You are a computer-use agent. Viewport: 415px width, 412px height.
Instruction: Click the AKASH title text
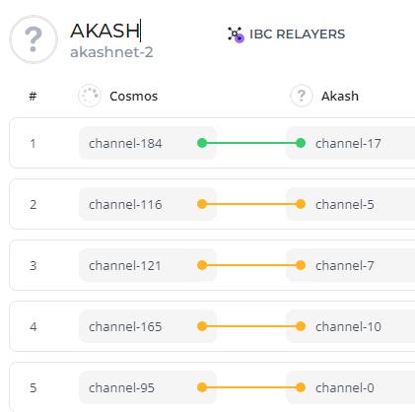[x=104, y=31]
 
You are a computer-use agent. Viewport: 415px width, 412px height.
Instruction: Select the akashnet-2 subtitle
[x=111, y=52]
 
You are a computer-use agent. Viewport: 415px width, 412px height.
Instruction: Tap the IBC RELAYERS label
[x=298, y=34]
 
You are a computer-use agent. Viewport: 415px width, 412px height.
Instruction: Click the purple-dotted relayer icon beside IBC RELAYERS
[x=236, y=34]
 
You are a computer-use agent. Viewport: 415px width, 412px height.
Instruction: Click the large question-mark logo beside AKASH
[x=34, y=39]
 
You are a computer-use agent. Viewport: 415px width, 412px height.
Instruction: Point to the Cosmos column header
[x=133, y=96]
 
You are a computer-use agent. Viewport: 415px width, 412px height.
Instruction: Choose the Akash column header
[x=340, y=96]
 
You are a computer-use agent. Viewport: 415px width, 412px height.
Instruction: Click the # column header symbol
[x=33, y=97]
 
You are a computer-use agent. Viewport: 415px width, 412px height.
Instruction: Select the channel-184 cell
[x=125, y=143]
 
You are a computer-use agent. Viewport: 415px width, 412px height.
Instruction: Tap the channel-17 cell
[x=348, y=143]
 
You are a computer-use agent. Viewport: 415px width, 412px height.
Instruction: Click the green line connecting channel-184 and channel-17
[x=251, y=143]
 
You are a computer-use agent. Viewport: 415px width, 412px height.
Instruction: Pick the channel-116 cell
[x=125, y=204]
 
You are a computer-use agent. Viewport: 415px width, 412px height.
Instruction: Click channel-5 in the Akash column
[x=345, y=204]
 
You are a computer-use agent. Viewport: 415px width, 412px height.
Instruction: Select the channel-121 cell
[x=125, y=265]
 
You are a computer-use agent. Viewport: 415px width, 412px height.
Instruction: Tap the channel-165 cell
[x=125, y=326]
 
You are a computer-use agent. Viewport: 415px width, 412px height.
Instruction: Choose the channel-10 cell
[x=348, y=326]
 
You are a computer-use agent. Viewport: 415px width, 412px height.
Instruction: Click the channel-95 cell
[x=121, y=387]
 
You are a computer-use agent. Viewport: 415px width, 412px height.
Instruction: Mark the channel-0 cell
[x=345, y=387]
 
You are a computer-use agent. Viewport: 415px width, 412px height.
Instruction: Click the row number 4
[x=33, y=327]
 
